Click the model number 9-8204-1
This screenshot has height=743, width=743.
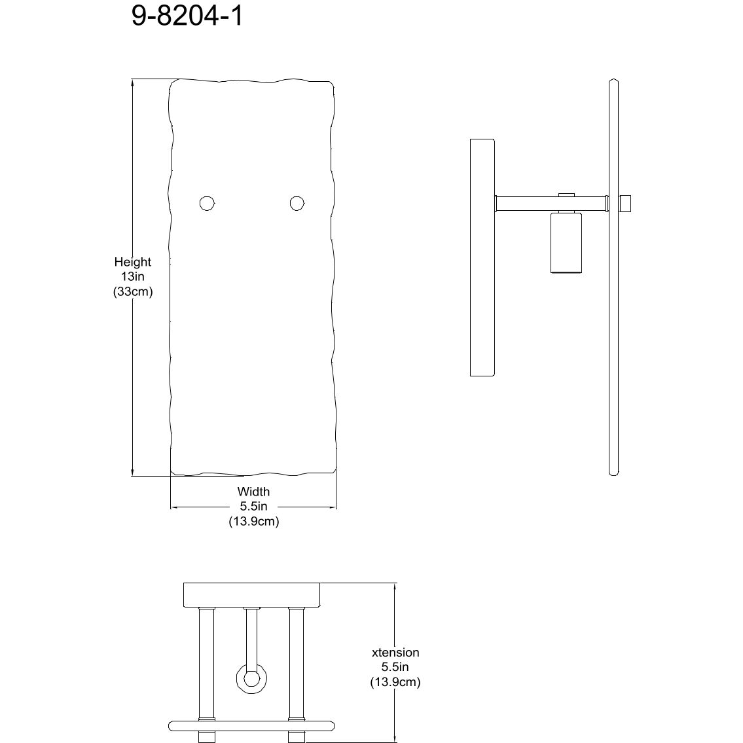click(187, 16)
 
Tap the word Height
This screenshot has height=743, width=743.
click(133, 262)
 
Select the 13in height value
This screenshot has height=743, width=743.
click(133, 277)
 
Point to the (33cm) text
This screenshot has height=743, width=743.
click(133, 292)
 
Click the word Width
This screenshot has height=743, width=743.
click(253, 492)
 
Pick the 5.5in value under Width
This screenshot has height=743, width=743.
click(253, 507)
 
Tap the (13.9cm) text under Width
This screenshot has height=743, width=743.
click(253, 522)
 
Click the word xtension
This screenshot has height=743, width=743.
click(395, 653)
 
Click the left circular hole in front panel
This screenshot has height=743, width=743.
click(208, 204)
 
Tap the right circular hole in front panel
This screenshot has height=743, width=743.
click(298, 204)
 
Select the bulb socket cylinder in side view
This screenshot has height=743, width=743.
click(566, 242)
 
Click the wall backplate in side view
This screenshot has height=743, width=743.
click(482, 257)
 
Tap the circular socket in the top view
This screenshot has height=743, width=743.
click(251, 677)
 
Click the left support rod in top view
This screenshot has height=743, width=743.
click(206, 661)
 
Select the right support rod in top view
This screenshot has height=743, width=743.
click(297, 661)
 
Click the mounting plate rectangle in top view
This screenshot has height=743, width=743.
click(253, 594)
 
